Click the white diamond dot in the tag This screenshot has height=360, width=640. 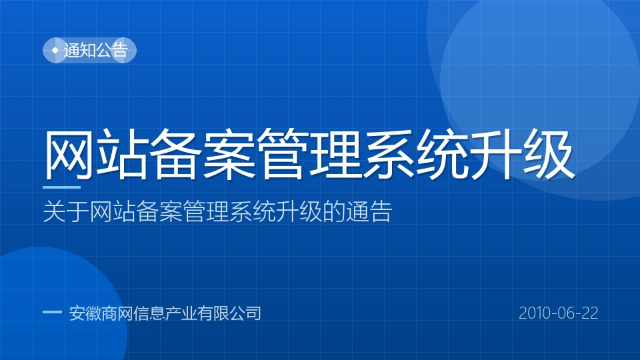[55, 50]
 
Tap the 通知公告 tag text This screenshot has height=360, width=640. [96, 50]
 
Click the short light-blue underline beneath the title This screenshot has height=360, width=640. [61, 187]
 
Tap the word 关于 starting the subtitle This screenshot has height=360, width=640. [66, 211]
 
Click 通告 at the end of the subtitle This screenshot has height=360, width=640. [369, 211]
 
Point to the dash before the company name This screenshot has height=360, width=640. [52, 312]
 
